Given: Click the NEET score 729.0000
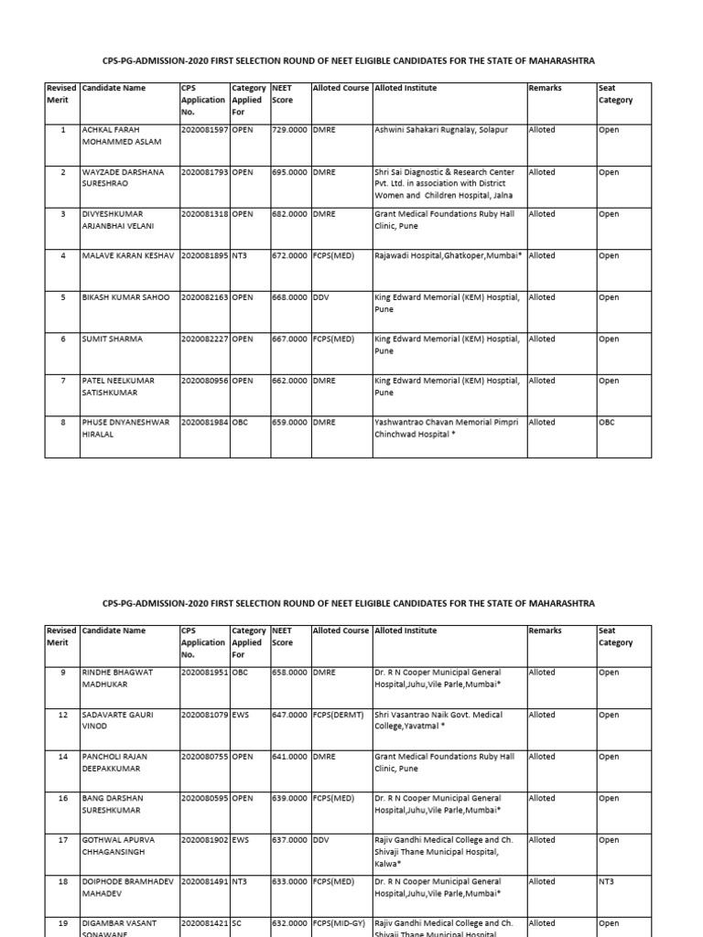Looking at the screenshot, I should [290, 130].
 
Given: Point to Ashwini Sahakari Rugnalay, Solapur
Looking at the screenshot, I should [441, 130].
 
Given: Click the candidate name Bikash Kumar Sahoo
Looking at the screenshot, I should [125, 297].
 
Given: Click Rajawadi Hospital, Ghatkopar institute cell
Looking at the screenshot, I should [448, 256].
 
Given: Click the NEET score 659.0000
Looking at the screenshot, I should [290, 423].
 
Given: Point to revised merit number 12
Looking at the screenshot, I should [62, 715].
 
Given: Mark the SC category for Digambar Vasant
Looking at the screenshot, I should [236, 923].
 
